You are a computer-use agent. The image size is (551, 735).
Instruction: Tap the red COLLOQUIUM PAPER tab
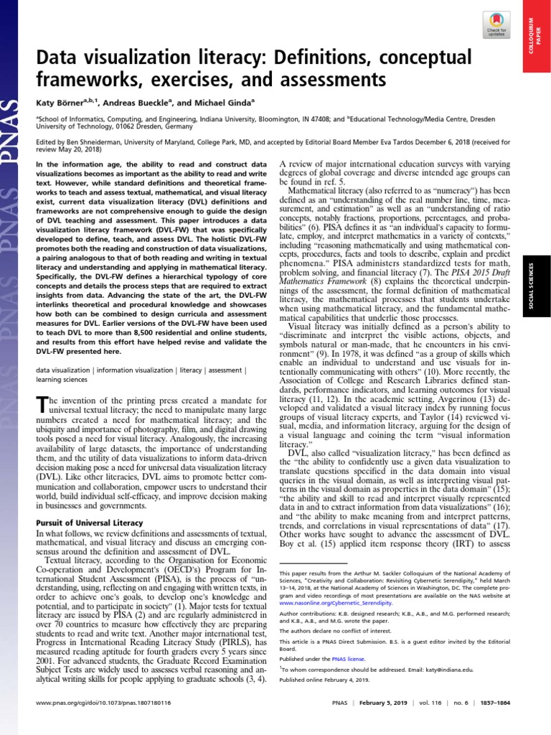531,36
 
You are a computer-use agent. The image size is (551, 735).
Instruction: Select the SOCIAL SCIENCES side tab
532,276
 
